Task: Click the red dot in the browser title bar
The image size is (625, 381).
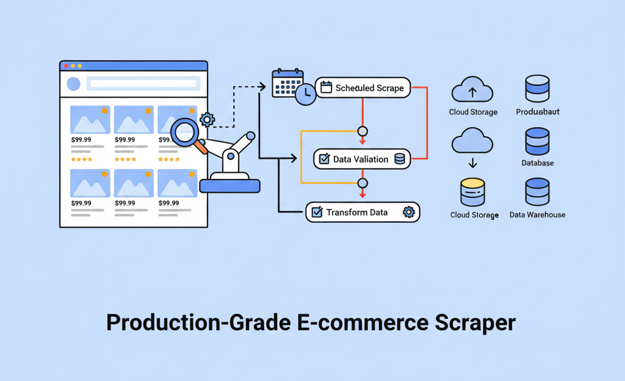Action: click(66, 65)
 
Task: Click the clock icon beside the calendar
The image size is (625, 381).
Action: click(306, 93)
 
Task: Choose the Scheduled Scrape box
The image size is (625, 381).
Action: click(363, 88)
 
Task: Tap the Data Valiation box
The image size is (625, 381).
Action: click(362, 159)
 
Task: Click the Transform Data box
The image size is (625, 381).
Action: click(363, 212)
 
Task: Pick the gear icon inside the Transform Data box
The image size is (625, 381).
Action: click(409, 212)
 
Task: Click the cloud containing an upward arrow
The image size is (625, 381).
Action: click(472, 90)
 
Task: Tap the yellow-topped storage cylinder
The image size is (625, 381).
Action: click(472, 192)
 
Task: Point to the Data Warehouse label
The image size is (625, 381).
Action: click(537, 215)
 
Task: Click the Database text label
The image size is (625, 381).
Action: click(538, 163)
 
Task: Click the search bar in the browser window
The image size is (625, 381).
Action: click(142, 84)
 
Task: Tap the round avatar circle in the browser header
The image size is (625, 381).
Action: click(73, 84)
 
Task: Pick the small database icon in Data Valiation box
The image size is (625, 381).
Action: click(400, 159)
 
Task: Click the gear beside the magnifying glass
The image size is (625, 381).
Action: click(207, 119)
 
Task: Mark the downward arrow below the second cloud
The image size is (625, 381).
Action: click(472, 164)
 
